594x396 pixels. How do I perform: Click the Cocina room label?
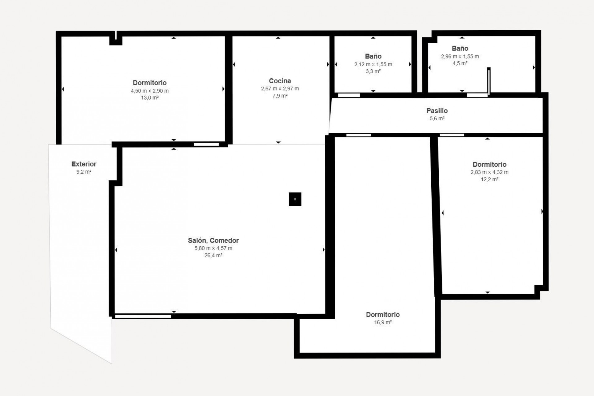click(x=280, y=81)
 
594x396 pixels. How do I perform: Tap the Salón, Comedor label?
click(x=213, y=240)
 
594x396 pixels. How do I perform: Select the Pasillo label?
click(x=437, y=111)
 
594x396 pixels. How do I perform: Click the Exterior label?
click(x=84, y=164)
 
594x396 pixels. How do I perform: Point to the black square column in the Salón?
click(x=295, y=199)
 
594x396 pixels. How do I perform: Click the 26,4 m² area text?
click(x=213, y=256)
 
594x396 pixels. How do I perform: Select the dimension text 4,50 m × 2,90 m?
click(x=150, y=91)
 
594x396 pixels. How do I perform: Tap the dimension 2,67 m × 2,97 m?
click(x=280, y=89)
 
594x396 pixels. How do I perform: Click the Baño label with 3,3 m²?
click(x=373, y=56)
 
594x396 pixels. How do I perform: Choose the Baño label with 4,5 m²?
click(x=460, y=48)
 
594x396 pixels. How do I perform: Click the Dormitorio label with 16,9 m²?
click(x=383, y=315)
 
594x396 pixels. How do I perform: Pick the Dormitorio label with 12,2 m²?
click(x=489, y=165)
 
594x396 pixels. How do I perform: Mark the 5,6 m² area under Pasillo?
click(x=437, y=118)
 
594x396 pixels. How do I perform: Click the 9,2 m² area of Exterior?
click(x=84, y=172)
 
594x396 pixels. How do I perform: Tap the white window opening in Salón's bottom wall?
click(x=143, y=316)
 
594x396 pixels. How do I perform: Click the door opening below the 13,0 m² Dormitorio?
click(x=206, y=144)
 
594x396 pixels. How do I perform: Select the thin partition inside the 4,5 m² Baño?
click(x=489, y=81)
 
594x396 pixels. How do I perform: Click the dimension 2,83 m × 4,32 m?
click(x=489, y=172)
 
